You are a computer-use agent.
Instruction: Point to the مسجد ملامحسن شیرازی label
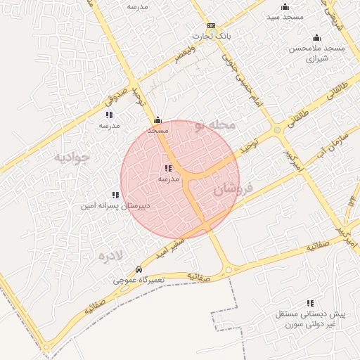314,53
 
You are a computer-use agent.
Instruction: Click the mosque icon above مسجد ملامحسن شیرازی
316,38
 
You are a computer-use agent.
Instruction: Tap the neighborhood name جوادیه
73,157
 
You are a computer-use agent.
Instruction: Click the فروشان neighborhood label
232,188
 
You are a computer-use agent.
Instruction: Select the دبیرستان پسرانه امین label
115,207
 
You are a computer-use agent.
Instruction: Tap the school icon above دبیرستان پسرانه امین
115,195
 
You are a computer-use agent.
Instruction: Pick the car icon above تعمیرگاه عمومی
139,270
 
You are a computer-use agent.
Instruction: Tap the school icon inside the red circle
167,168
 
